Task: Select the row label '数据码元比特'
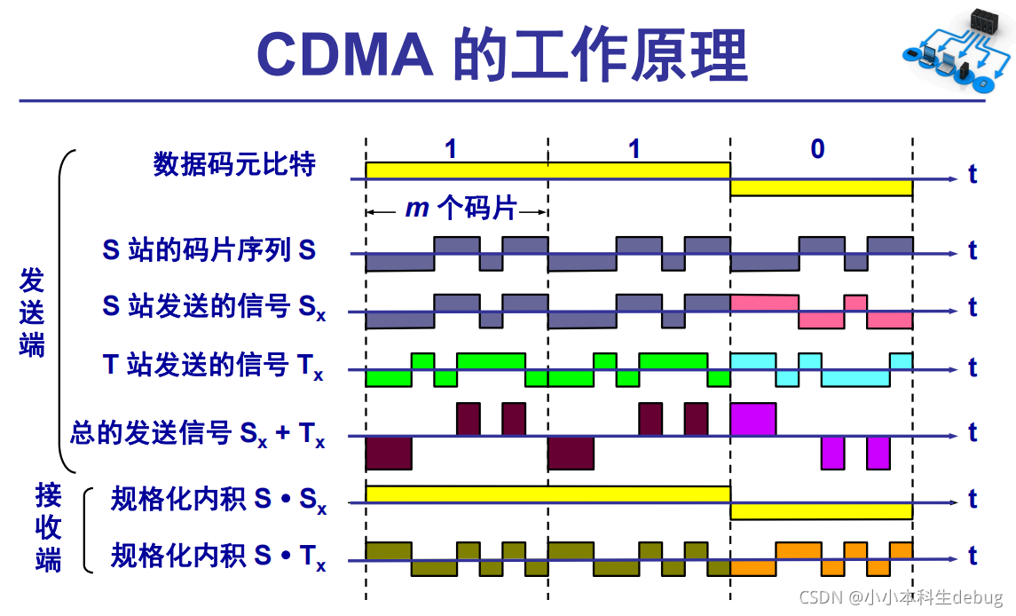pos(234,164)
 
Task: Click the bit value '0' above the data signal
pos(817,148)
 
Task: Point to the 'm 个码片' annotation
pos(461,209)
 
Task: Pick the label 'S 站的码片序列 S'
pos(209,250)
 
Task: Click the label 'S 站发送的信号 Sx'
pos(214,307)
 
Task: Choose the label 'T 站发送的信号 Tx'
pos(214,365)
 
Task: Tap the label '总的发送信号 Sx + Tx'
pos(198,434)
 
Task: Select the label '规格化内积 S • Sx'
pos(218,501)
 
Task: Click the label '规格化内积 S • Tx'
pos(218,557)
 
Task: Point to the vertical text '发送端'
pos(32,312)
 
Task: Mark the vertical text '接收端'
pos(48,527)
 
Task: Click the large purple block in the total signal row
pos(752,418)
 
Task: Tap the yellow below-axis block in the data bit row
pos(821,187)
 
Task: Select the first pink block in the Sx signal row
pos(764,303)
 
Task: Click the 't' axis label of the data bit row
pos(973,174)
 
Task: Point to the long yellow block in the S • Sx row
pos(547,494)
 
